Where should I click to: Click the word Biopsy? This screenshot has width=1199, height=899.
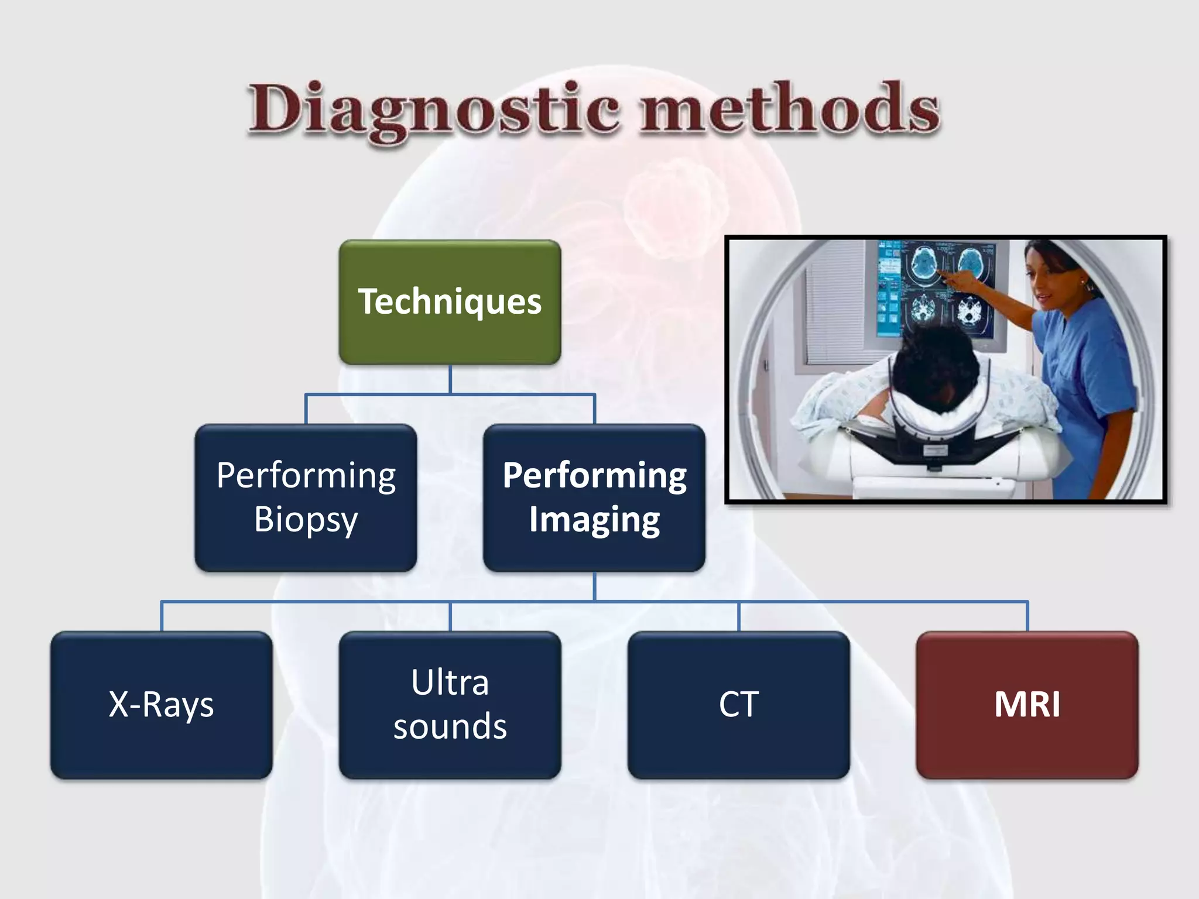point(306,520)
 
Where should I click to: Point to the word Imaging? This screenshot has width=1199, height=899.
point(594,520)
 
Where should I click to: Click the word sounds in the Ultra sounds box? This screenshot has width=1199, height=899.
point(450,727)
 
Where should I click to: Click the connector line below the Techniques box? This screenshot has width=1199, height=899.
point(450,379)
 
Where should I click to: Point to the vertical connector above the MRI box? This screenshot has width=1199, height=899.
point(1027,616)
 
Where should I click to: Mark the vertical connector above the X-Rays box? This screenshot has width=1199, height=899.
point(161,616)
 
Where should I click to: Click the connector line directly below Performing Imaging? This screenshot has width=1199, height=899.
point(594,586)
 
